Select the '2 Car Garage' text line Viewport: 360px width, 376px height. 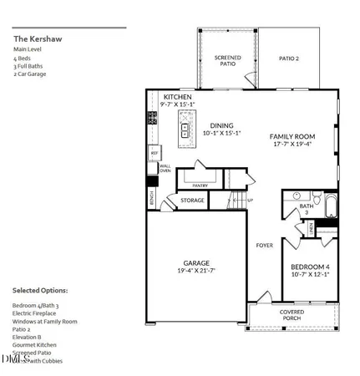pos(30,74)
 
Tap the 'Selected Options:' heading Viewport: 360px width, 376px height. pos(40,290)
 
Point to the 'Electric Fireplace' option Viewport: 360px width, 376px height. pos(37,314)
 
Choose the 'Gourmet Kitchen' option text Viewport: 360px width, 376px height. pos(35,344)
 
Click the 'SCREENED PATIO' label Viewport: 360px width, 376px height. pos(227,61)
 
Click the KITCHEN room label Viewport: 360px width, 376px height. pos(177,97)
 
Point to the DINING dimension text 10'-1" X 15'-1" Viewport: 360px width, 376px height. pos(221,133)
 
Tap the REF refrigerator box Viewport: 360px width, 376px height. pos(154,154)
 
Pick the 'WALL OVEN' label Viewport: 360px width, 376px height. pos(165,169)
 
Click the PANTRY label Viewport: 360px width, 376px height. pos(200,185)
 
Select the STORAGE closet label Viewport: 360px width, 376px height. pos(192,201)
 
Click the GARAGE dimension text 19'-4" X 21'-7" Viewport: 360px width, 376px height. pos(198,272)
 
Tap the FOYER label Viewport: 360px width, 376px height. pos(264,245)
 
